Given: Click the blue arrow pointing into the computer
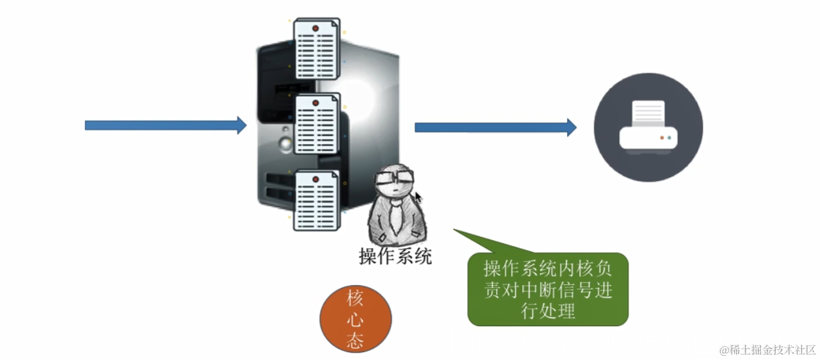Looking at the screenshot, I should pyautogui.click(x=165, y=125).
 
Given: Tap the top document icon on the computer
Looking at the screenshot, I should pyautogui.click(x=315, y=48).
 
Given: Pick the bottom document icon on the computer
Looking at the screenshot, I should pyautogui.click(x=315, y=200).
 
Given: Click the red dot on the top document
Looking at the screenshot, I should pyautogui.click(x=315, y=28).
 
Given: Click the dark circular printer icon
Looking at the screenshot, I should pyautogui.click(x=648, y=127).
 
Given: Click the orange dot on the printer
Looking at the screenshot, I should pyautogui.click(x=662, y=137).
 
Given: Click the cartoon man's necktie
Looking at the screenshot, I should pyautogui.click(x=395, y=215).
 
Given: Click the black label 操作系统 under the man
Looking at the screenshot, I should pyautogui.click(x=395, y=257).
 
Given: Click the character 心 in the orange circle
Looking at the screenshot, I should pyautogui.click(x=355, y=319).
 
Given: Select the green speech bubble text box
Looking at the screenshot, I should pyautogui.click(x=548, y=289).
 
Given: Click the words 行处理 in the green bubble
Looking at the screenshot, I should pyautogui.click(x=548, y=311).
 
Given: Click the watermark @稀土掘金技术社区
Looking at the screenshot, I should pyautogui.click(x=767, y=350).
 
